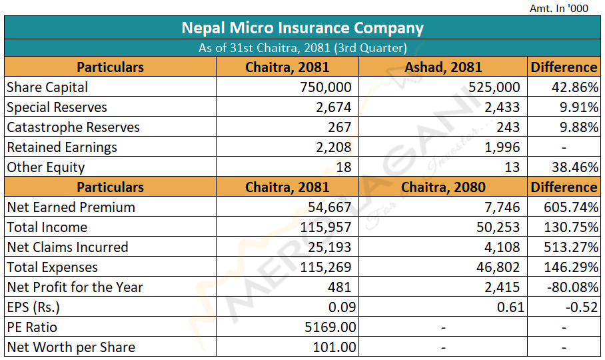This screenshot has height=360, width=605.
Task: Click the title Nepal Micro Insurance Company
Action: pos(302,28)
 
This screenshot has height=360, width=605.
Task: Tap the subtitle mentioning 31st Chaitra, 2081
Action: pos(302,48)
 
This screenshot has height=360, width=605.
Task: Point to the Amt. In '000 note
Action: pos(559,8)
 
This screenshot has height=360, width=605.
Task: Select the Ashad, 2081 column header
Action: pos(443,67)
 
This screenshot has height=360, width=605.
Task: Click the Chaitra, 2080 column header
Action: pos(443,187)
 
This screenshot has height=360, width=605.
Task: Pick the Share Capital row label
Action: pos(47,87)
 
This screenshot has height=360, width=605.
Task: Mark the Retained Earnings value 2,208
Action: pos(334,147)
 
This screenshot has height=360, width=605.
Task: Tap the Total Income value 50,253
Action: pos(498,227)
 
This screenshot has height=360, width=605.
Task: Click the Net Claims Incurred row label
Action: pos(67,247)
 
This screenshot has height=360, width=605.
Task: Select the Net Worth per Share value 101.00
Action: pos(334,347)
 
